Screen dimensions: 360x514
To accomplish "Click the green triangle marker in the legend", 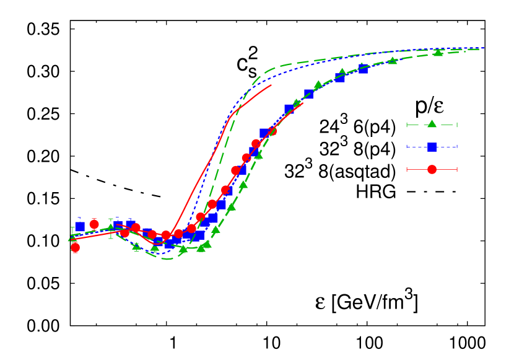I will [432, 124].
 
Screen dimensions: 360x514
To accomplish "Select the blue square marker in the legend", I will [432, 147].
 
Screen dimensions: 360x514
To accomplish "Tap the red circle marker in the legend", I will [432, 169].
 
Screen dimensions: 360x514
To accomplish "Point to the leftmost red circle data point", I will [76, 247].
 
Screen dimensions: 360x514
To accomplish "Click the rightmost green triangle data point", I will [438, 52].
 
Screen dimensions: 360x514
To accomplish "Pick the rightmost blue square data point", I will [363, 69].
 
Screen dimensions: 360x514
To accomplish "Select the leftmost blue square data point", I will [80, 226].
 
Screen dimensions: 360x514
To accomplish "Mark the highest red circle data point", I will [272, 131].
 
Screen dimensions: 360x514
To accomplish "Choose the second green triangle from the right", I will [392, 60].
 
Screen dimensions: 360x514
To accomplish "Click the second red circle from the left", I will [94, 224].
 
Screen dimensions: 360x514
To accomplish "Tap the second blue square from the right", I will [340, 77].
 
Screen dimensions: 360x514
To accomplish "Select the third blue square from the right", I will [308, 94].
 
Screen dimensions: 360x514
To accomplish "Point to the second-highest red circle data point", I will [256, 143].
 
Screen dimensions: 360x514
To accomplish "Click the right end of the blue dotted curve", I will [484, 48].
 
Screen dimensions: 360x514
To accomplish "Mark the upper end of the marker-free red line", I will [271, 85].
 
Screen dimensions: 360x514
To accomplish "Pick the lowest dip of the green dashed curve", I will [166, 258].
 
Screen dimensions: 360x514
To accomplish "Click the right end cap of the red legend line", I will [456, 169].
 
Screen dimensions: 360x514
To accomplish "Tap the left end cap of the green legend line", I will [407, 125].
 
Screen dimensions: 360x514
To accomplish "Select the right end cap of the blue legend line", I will [456, 147].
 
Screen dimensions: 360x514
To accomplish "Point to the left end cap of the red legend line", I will [407, 169].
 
